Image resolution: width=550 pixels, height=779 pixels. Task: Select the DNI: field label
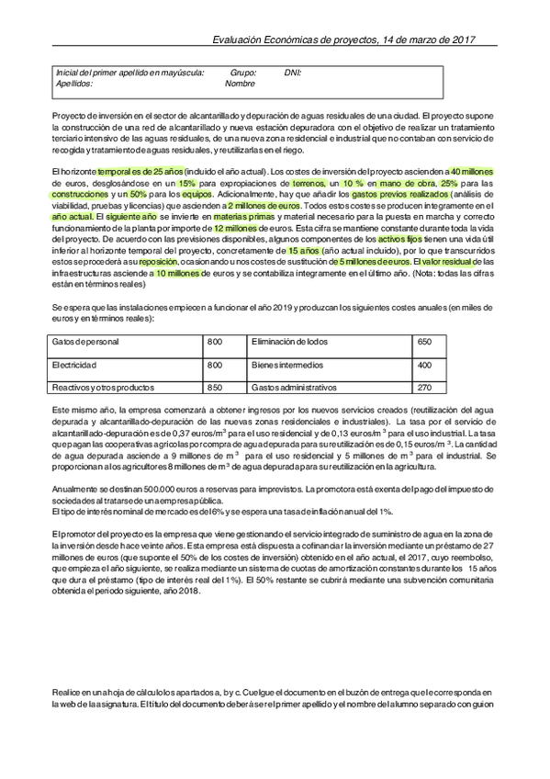[x=293, y=72]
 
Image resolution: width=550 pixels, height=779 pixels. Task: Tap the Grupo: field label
[x=243, y=72]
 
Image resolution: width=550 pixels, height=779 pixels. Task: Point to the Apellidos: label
[x=74, y=83]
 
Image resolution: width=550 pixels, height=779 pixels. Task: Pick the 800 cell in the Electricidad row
[x=215, y=365]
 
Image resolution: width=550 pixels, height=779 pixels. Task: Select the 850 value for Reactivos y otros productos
[x=215, y=388]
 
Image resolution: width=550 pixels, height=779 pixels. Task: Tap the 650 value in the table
[x=424, y=342]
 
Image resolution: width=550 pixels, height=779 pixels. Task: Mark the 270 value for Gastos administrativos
[x=424, y=388]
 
